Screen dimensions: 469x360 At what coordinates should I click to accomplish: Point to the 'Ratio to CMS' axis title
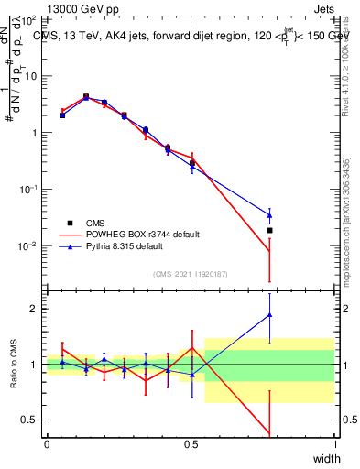[14, 365]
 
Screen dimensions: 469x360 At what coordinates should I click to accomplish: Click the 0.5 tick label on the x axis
[191, 444]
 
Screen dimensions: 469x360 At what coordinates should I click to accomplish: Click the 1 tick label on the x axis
[335, 444]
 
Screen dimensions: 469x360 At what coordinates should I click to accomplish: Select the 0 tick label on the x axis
[47, 444]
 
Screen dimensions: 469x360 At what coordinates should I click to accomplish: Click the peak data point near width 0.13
[85, 96]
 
